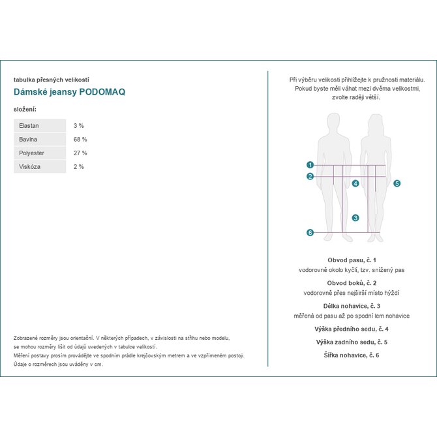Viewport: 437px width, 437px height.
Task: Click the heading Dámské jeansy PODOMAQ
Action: coord(70,92)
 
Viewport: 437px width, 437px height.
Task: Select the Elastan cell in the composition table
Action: coord(29,125)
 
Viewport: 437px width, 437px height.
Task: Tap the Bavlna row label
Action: coord(29,139)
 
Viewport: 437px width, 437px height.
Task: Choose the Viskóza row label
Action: coord(30,166)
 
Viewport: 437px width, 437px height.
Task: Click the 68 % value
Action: coord(80,139)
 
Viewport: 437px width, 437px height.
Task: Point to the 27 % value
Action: coord(80,153)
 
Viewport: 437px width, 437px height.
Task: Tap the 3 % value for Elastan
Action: coord(79,125)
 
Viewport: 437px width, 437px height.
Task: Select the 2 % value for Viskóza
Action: coord(79,166)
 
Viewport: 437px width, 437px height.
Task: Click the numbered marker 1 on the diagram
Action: coord(310,165)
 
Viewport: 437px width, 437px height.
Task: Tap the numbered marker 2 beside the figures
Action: coord(310,176)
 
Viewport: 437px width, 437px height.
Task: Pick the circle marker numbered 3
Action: coord(355,218)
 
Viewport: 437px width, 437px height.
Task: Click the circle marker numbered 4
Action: coord(355,183)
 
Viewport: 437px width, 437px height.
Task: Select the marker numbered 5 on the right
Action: coord(397,183)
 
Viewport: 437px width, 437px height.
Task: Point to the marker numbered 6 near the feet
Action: coord(310,233)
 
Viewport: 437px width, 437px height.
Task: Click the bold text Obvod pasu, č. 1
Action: coord(352,260)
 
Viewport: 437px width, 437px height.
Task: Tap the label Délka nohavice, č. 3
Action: coord(352,306)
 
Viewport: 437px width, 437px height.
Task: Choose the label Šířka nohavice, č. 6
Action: coord(352,355)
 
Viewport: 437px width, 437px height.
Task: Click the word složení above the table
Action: coord(25,108)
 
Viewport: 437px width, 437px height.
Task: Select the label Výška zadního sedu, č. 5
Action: coord(352,342)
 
